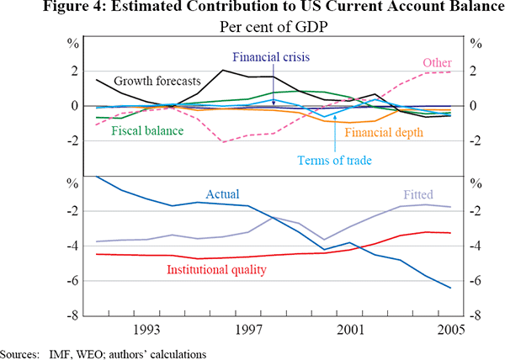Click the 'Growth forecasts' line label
156,82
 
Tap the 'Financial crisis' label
272,57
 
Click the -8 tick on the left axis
75,315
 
